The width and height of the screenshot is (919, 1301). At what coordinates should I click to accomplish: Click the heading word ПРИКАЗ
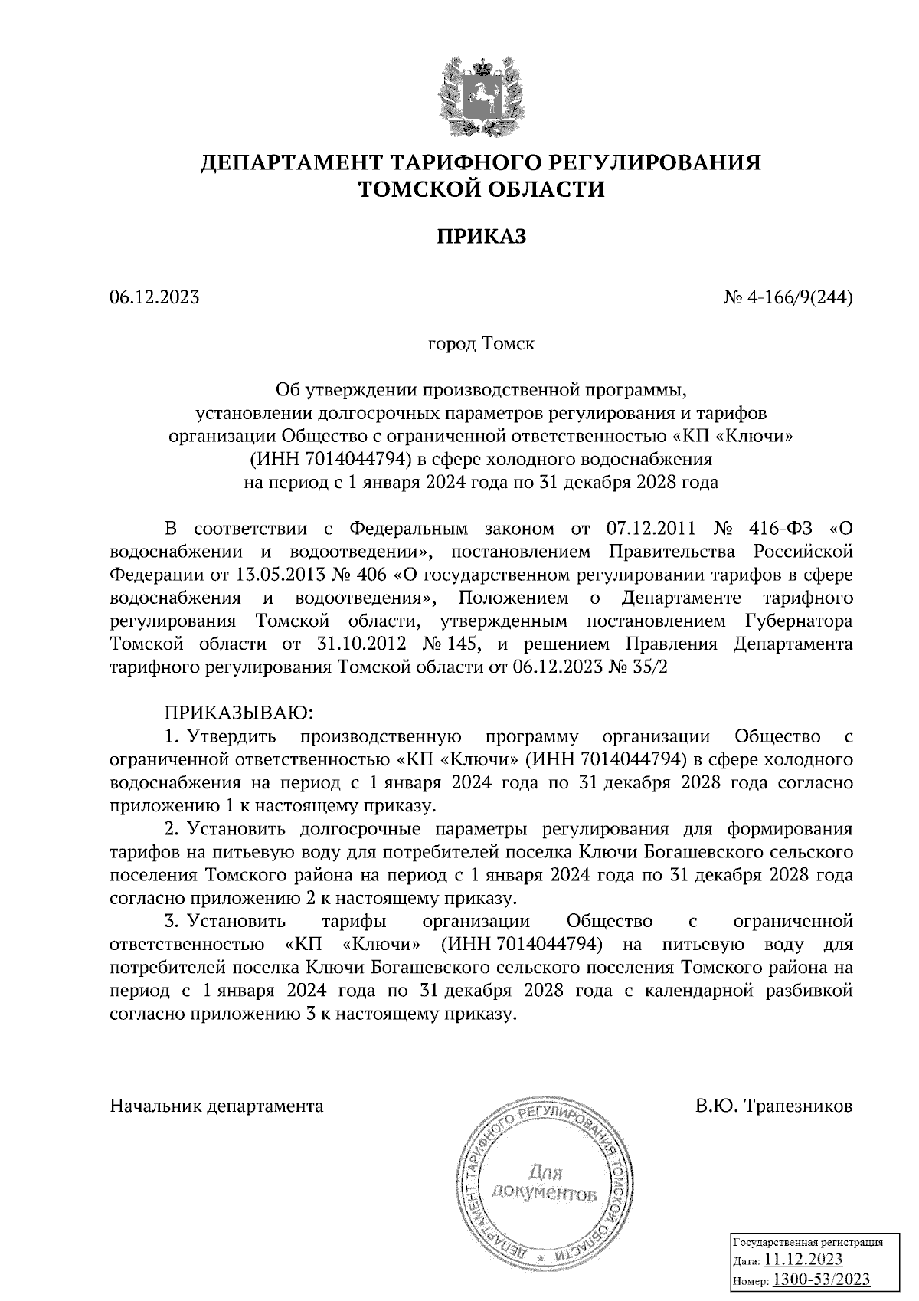pyautogui.click(x=481, y=237)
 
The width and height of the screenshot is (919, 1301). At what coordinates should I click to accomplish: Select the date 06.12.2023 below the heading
pyautogui.click(x=155, y=297)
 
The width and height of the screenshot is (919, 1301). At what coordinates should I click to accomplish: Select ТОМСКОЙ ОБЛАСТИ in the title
pyautogui.click(x=481, y=188)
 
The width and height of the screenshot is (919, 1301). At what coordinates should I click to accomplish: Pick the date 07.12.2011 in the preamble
pyautogui.click(x=650, y=529)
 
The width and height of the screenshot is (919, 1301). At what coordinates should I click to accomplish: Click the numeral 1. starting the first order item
pyautogui.click(x=172, y=736)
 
